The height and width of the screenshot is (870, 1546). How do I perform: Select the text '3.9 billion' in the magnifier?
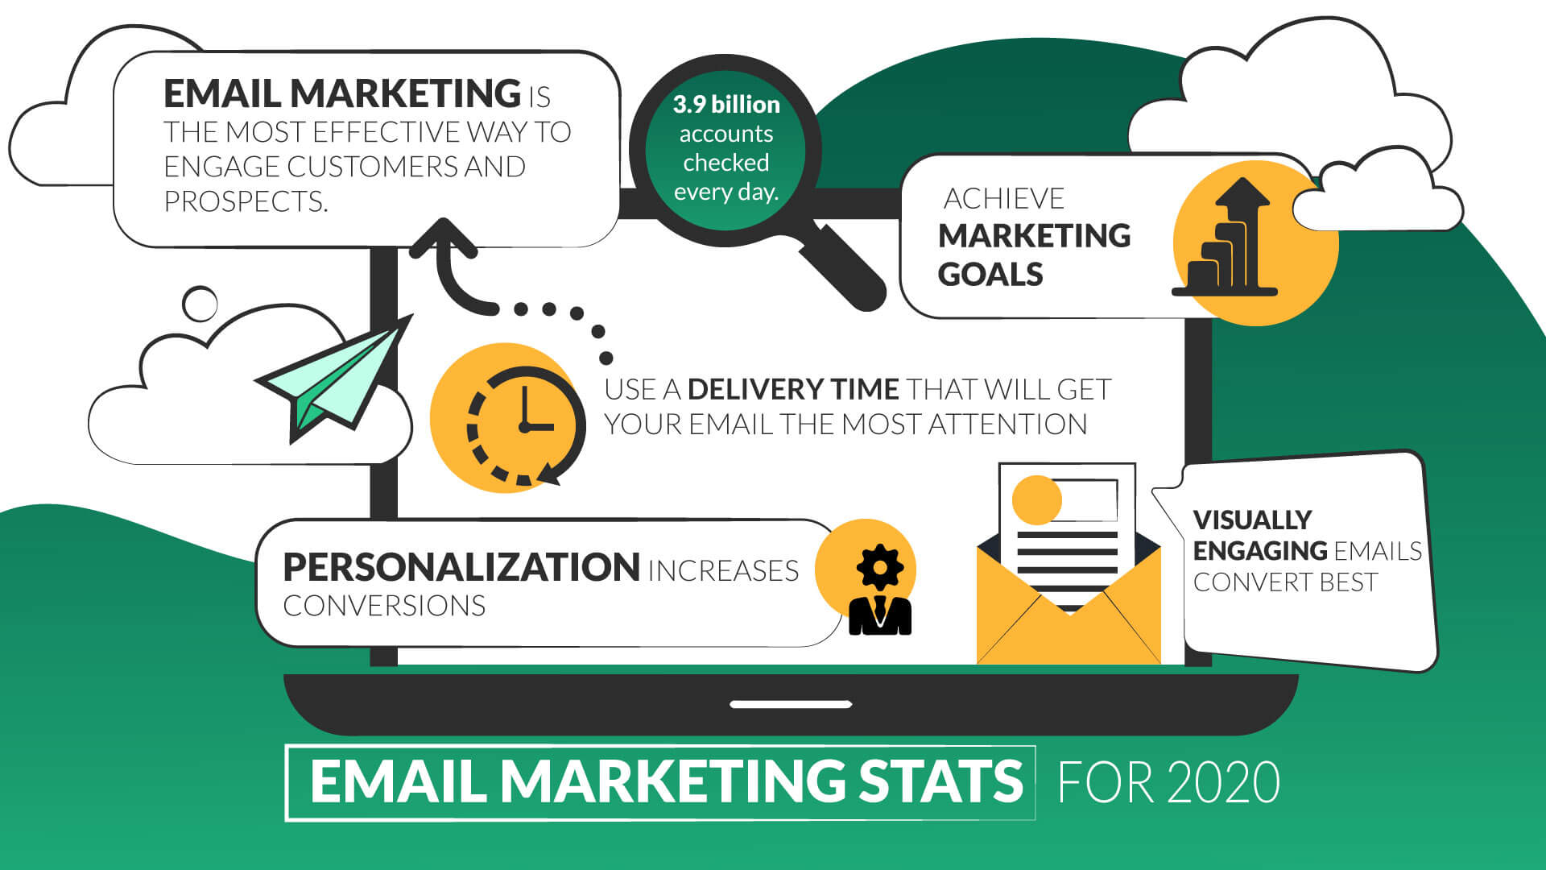coord(726,105)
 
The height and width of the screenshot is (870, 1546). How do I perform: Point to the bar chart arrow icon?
coord(1227,238)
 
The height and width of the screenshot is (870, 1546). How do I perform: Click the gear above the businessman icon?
coord(879,567)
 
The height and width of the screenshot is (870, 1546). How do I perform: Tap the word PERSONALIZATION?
coord(461,568)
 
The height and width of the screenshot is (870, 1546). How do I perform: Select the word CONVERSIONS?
coord(384,606)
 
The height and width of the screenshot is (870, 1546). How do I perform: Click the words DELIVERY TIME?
coord(792,390)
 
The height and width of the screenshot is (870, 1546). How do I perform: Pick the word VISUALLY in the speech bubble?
coord(1252,520)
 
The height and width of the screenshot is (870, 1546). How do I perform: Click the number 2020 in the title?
coord(1223,782)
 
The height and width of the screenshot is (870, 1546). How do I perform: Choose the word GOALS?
coord(990,275)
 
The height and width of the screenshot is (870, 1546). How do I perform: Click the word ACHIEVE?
coord(1003,199)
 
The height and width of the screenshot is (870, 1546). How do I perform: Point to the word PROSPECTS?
coord(246,201)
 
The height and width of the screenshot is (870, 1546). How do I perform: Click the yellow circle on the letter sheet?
coord(1036,499)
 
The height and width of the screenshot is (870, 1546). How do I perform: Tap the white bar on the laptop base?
coord(791,704)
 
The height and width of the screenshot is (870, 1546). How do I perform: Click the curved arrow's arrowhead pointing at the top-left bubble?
coord(443,235)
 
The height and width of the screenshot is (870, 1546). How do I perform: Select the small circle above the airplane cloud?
coord(200,304)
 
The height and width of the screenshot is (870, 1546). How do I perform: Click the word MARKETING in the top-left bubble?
coord(405,93)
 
